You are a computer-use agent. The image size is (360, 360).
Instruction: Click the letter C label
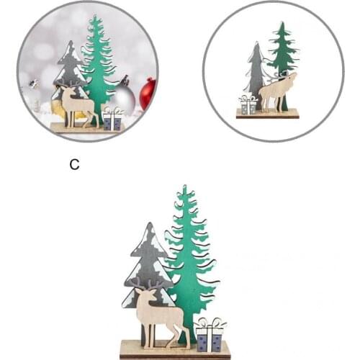(x=74, y=164)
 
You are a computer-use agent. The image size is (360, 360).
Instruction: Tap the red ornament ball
(x=148, y=94)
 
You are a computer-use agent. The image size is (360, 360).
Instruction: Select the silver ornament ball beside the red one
(x=125, y=99)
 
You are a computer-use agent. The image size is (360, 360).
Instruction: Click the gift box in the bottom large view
(x=210, y=338)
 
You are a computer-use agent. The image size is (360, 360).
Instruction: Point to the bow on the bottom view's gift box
(x=210, y=323)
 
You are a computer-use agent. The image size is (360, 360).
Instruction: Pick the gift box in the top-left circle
(x=112, y=120)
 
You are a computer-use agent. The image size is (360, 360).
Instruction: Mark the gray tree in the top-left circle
(x=70, y=68)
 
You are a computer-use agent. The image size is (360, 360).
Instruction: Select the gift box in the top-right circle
(x=248, y=105)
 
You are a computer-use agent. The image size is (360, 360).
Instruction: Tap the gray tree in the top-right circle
(x=256, y=72)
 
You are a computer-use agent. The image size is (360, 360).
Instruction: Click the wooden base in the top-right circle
(x=267, y=114)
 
